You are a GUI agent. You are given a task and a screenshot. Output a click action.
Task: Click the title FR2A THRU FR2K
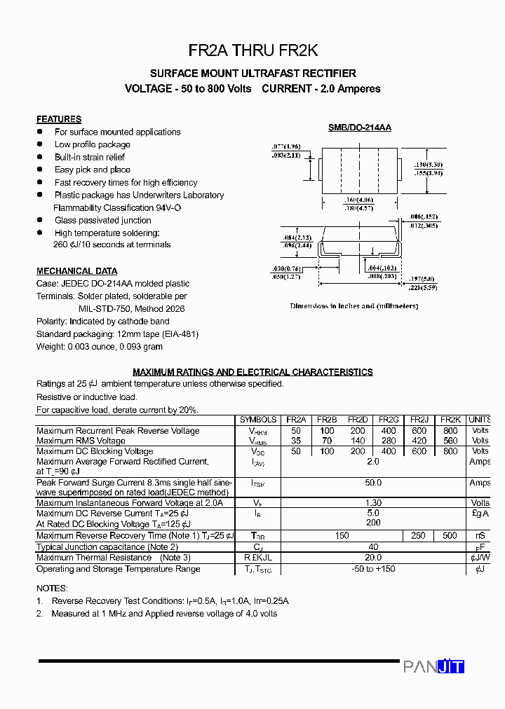tap(252, 50)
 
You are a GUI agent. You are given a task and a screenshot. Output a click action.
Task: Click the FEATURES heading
tap(59, 119)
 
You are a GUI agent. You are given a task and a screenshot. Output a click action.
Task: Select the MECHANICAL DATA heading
tap(77, 271)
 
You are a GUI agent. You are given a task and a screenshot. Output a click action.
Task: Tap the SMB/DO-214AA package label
tap(360, 128)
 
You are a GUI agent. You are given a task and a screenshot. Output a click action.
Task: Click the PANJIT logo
tap(433, 667)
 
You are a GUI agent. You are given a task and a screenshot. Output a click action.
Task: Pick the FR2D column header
tap(358, 420)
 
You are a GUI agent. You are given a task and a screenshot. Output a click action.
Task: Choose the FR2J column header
tap(419, 420)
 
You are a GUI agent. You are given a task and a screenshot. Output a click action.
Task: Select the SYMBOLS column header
tap(258, 420)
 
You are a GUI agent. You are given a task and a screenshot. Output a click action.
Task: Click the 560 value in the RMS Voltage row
tap(450, 441)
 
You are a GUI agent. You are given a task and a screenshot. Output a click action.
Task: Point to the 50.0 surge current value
tap(373, 483)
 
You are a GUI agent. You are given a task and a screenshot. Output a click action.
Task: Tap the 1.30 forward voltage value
tap(373, 503)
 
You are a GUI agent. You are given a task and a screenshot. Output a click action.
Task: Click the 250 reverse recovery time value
tap(419, 536)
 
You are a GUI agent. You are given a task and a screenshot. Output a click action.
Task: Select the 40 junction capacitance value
tap(373, 547)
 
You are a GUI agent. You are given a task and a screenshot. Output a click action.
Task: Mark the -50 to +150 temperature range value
tap(373, 569)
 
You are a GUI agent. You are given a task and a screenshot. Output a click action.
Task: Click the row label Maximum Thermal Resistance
tap(94, 558)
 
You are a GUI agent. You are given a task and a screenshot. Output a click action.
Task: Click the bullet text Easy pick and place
tap(93, 170)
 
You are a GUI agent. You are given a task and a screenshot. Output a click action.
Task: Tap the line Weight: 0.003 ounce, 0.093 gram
tap(100, 347)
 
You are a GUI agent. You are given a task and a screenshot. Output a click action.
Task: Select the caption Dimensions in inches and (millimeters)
tap(354, 306)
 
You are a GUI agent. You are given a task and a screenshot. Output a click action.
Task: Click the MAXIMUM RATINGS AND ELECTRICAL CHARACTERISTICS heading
tap(252, 372)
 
